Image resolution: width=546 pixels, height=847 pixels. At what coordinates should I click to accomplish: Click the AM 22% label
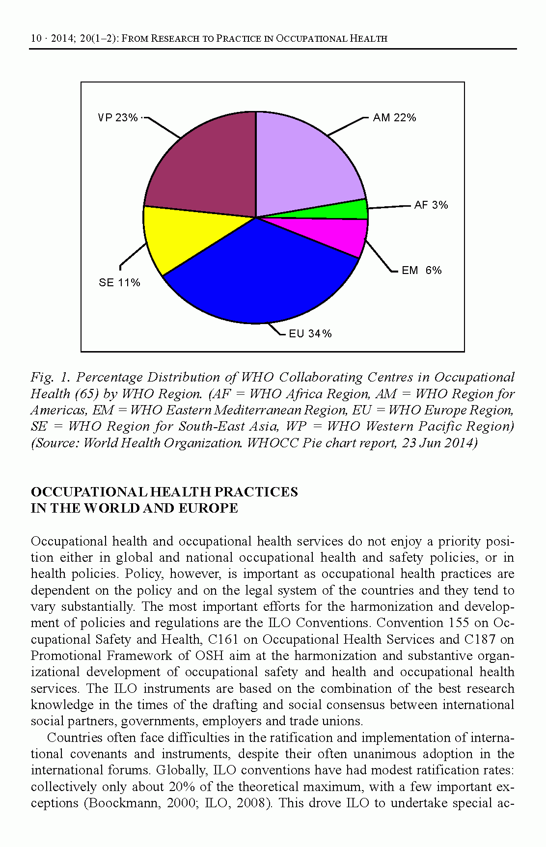click(x=394, y=118)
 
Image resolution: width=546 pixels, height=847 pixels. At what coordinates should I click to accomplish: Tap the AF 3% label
click(x=431, y=205)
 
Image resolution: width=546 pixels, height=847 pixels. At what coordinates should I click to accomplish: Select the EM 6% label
click(x=421, y=271)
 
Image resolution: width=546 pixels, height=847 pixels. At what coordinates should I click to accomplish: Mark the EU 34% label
click(x=310, y=334)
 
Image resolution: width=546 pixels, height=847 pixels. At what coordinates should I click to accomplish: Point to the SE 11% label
click(x=119, y=283)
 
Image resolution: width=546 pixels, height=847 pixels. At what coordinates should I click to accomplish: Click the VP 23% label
click(x=118, y=118)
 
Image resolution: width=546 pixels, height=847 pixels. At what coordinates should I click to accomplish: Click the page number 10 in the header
click(x=36, y=38)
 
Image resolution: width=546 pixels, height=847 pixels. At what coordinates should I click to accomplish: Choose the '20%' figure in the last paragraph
click(x=182, y=787)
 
